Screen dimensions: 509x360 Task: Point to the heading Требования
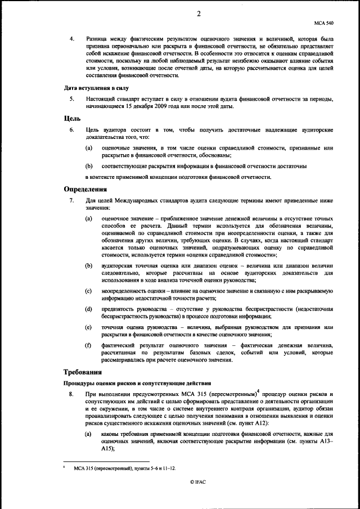(x=82, y=372)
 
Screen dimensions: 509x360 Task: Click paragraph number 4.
(x=71, y=40)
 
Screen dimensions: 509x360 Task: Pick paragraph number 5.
(x=71, y=99)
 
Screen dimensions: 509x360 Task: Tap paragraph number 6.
(x=71, y=129)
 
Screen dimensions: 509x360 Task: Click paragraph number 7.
(x=71, y=200)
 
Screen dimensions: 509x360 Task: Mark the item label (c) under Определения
(x=88, y=291)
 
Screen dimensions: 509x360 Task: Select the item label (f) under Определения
(x=88, y=345)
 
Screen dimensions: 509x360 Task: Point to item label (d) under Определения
(x=88, y=309)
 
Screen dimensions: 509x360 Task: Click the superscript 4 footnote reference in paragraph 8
(x=258, y=392)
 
